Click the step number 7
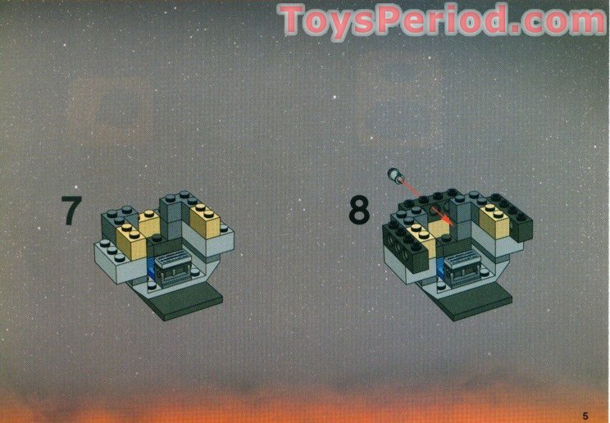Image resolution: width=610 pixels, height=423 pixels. [71, 210]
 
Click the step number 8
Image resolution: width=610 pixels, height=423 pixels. [358, 211]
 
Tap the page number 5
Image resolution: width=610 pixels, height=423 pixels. [585, 416]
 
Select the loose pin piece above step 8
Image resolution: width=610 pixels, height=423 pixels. [396, 175]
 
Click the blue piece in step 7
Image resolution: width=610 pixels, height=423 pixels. [150, 267]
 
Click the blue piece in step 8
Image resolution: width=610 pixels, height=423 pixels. [440, 267]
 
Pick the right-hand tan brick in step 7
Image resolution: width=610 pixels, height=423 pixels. [205, 221]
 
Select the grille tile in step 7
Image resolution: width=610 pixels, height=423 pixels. [171, 258]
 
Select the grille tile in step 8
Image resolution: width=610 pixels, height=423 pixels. [461, 258]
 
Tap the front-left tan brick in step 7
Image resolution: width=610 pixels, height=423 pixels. [131, 241]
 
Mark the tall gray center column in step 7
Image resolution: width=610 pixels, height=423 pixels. [171, 218]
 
